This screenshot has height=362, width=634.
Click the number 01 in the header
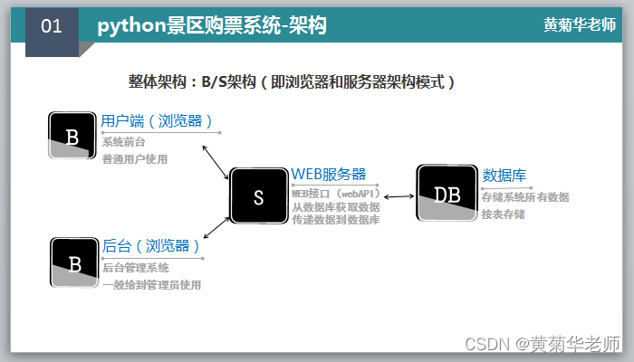[52, 26]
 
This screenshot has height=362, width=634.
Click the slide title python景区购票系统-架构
[212, 26]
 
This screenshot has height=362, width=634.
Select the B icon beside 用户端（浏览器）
[72, 136]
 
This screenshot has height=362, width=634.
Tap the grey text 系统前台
[123, 142]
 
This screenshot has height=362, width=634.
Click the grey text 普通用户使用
[135, 159]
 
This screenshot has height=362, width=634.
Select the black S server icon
[258, 196]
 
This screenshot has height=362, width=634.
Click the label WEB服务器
[328, 174]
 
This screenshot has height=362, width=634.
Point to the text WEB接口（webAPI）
[336, 193]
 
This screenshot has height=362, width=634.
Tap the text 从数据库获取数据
[336, 206]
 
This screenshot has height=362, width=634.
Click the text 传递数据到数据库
[336, 220]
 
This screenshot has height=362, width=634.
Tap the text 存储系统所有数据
[525, 196]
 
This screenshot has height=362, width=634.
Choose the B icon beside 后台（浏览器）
[74, 263]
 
